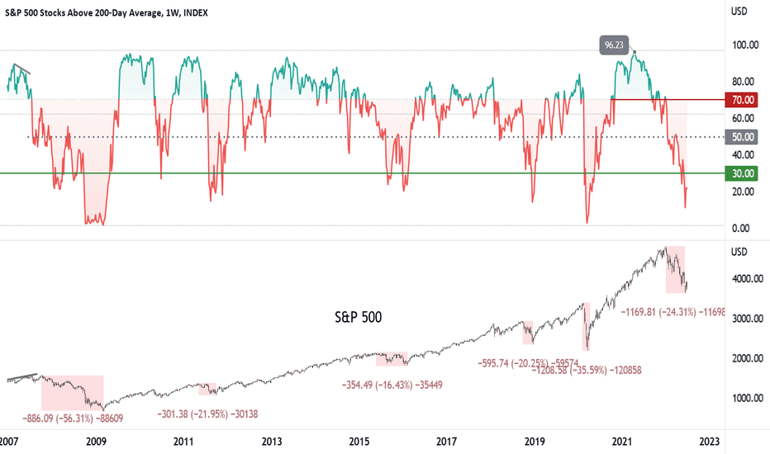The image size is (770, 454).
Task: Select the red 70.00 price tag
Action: click(x=744, y=100)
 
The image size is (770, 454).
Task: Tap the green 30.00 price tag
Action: click(x=744, y=173)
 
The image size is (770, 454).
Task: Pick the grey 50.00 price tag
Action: click(x=744, y=137)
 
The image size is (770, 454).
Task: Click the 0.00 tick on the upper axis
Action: click(x=746, y=228)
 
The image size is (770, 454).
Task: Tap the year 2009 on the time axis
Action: click(x=97, y=442)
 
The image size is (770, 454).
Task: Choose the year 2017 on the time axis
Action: click(x=446, y=442)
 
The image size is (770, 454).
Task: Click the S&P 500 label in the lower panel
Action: click(x=359, y=315)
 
